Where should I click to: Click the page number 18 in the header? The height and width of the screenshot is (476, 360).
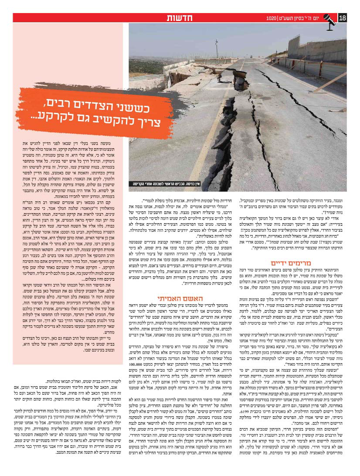click(x=342, y=18)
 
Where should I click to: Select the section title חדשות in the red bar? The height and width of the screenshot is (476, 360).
click(x=179, y=18)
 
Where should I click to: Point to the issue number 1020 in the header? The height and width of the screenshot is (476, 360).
click(x=272, y=18)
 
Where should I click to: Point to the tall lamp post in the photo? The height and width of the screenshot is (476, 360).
click(x=217, y=51)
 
